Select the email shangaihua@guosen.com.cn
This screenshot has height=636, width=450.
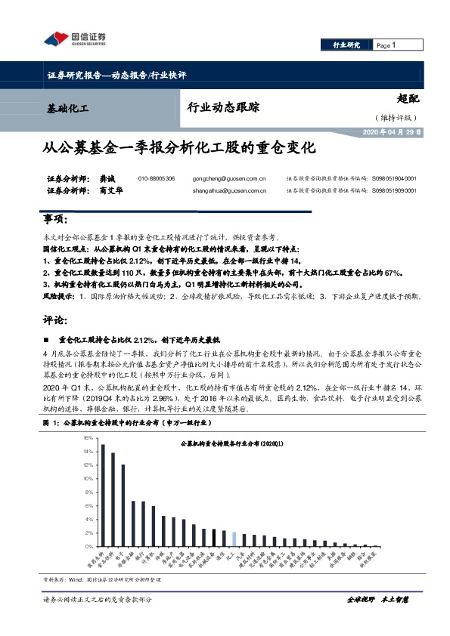click(x=225, y=191)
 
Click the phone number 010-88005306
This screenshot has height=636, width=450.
click(x=157, y=179)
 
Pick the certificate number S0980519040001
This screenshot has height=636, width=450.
click(x=393, y=179)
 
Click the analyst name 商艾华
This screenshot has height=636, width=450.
click(x=109, y=191)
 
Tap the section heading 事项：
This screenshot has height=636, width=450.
click(x=57, y=220)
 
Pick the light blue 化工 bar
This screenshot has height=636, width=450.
click(x=234, y=539)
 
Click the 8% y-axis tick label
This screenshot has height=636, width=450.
click(x=89, y=492)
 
